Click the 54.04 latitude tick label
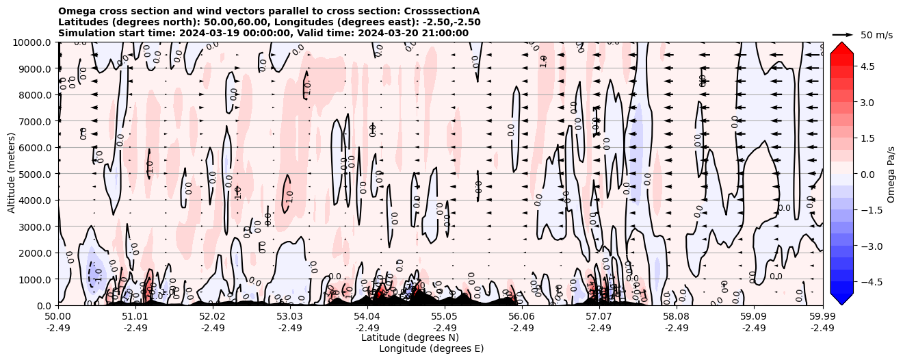367,317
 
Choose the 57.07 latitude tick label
599,317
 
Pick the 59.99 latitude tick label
822,317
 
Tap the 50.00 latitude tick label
58,317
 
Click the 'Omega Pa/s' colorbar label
891,174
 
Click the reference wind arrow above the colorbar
843,34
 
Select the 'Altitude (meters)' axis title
12,174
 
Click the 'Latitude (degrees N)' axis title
410,337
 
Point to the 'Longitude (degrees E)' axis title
431,348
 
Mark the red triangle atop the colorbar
841,47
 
